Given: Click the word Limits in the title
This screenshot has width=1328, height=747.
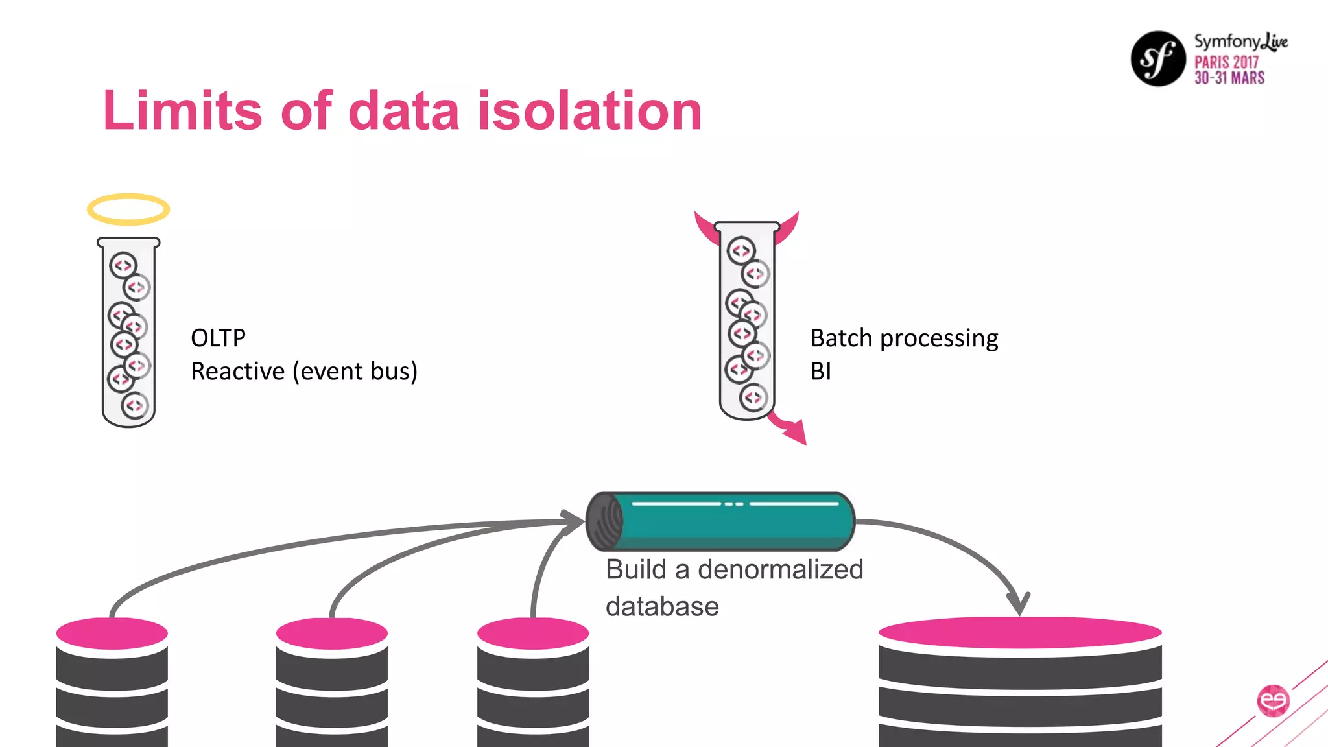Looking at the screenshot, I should tap(182, 111).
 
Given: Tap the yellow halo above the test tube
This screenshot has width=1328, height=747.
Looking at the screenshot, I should tap(128, 209).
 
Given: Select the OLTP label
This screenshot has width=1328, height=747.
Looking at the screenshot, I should tap(218, 338).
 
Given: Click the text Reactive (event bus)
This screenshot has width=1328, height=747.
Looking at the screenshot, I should tap(303, 372).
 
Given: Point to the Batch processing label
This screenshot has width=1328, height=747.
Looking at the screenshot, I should tap(904, 338).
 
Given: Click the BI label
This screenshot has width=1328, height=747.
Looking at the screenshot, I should tap(820, 372).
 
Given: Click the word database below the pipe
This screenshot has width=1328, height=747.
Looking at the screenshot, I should tap(662, 607).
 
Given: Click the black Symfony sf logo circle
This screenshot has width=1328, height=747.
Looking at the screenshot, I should tap(1158, 59).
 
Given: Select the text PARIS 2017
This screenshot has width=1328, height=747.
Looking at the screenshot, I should tap(1226, 62).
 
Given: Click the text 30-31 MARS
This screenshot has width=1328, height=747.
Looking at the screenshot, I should tap(1229, 78).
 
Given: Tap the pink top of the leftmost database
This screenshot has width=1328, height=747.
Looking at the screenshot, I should tap(112, 633).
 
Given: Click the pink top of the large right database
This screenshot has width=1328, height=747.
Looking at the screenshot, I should tap(1020, 632).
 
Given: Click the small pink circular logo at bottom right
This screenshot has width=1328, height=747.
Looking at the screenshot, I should tap(1273, 700).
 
